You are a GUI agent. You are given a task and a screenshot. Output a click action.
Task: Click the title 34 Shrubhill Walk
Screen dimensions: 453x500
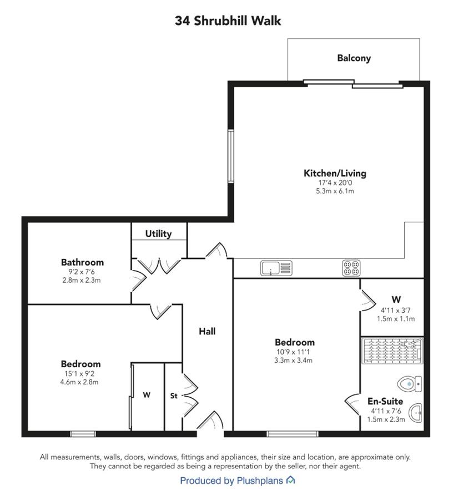point(228,21)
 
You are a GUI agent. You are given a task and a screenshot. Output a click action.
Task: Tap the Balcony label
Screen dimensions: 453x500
point(354,58)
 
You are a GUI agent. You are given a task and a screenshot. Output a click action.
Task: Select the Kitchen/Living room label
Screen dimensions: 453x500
point(335,173)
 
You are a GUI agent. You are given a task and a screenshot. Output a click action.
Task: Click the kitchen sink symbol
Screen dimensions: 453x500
point(276,268)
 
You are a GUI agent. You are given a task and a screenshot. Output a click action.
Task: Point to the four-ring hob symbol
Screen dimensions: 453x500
point(352,268)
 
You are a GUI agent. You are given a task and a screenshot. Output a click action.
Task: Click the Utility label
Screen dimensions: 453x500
point(158,234)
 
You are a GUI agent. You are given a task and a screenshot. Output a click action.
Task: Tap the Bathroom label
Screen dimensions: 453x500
point(82,262)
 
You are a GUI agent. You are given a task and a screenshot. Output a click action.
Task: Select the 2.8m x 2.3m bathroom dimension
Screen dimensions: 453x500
point(82,281)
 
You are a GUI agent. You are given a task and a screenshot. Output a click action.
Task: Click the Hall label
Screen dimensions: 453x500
point(207,331)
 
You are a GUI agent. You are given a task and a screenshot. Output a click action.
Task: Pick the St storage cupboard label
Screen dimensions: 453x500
point(174,396)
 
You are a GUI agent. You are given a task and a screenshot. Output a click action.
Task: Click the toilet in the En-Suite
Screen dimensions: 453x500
point(410,383)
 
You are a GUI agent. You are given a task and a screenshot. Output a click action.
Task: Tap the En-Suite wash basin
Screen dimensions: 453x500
point(415,413)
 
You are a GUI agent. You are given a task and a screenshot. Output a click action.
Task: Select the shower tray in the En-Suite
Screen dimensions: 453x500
point(392,351)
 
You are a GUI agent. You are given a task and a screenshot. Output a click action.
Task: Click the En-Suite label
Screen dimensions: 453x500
point(385,401)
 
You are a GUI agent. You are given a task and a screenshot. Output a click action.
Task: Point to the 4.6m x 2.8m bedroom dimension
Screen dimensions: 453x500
point(79,382)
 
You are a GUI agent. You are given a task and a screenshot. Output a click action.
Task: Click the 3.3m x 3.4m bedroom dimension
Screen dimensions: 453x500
point(293,361)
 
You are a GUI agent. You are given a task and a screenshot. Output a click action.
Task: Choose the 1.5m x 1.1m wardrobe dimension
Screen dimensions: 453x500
point(396,318)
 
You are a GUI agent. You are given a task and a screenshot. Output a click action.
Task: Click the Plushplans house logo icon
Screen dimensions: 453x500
point(290,479)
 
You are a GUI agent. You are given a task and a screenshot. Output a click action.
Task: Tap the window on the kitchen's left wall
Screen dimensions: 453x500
point(231,156)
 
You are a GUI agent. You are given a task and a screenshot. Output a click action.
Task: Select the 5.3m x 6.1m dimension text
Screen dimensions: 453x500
point(335,191)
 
